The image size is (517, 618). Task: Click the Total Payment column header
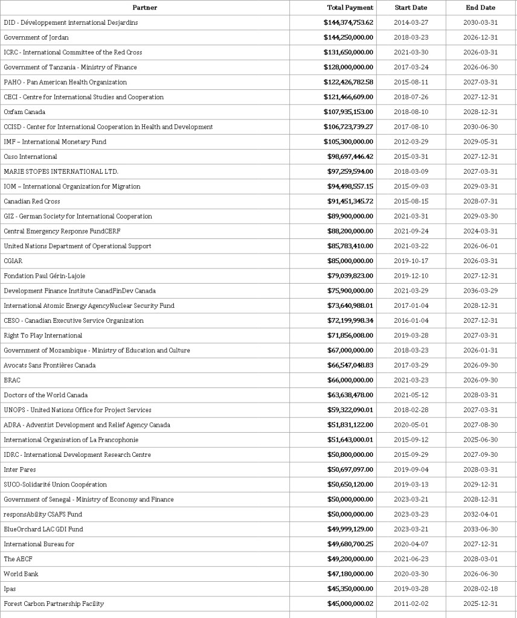click(350, 7)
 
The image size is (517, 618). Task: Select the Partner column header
click(144, 7)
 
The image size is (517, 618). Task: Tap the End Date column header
click(480, 7)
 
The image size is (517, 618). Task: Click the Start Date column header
click(411, 7)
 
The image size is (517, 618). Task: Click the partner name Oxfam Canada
click(25, 112)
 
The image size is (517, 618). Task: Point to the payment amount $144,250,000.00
click(348, 37)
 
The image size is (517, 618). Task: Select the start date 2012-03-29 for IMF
click(411, 142)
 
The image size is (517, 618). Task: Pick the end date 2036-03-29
click(481, 291)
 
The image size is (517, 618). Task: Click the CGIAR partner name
click(13, 261)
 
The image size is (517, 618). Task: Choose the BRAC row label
click(12, 380)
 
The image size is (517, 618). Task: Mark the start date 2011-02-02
click(411, 604)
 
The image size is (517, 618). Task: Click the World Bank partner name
click(21, 574)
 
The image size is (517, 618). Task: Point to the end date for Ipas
click(481, 589)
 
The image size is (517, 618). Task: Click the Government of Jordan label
click(36, 37)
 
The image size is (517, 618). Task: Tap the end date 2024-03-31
click(481, 231)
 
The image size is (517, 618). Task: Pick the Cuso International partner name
click(30, 157)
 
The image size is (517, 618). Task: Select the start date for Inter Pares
click(411, 470)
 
